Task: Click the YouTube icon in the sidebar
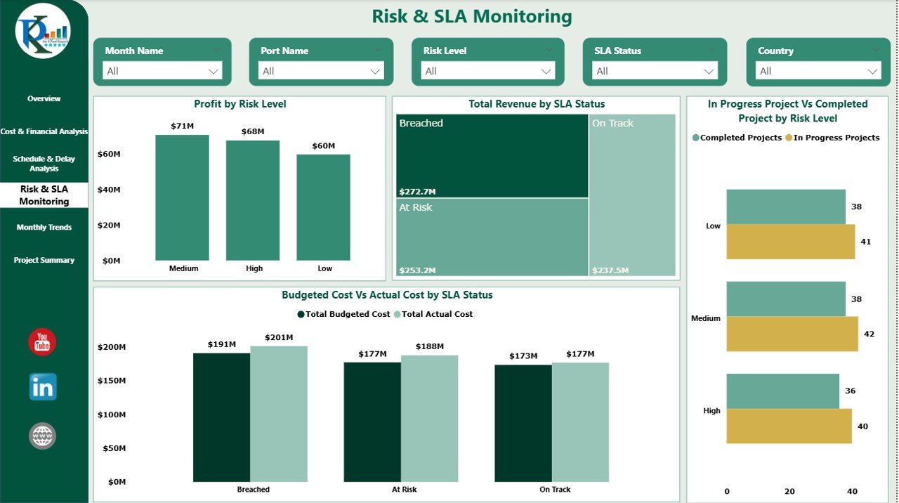coord(42,342)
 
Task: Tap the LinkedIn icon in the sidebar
coord(43,387)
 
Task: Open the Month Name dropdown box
coord(162,71)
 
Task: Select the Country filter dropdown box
coord(818,71)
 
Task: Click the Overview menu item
coord(44,99)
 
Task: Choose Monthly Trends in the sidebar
coord(44,228)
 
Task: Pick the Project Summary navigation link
coord(44,261)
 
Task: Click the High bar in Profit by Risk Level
coord(253,201)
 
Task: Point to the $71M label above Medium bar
coord(183,126)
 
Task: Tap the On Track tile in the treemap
coord(632,197)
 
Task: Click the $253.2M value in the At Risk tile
coord(417,270)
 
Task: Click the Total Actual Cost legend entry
coord(436,315)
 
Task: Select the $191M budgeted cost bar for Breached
coord(221,417)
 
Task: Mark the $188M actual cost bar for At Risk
coord(429,419)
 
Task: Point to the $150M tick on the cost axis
coord(112,381)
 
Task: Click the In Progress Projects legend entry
coord(836,138)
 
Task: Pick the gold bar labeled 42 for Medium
coord(792,334)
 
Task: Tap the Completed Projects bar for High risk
coord(782,391)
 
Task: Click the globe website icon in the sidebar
coord(42,436)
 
